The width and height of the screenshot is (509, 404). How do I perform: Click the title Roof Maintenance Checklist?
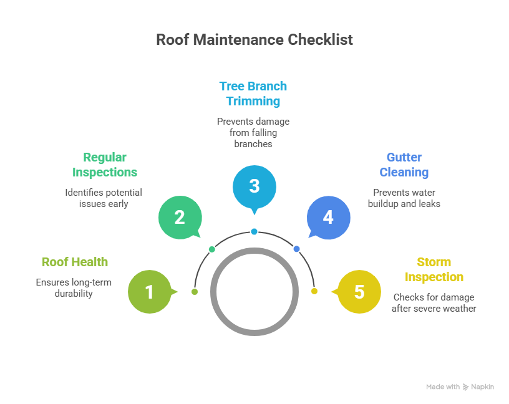coord(254,40)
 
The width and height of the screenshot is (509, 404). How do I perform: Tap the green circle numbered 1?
coord(149,291)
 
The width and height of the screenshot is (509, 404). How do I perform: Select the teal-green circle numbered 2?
coord(179,218)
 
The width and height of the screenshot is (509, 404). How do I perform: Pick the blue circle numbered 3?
coord(254,186)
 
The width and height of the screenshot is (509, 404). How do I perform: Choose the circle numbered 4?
coord(328,218)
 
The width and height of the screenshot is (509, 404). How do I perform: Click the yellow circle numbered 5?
coord(359,291)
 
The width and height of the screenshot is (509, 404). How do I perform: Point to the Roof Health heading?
coord(75,262)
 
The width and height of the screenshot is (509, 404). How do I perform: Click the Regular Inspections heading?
coord(105,165)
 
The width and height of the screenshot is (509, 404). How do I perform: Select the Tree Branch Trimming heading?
coord(253,94)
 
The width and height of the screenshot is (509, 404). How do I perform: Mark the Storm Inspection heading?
coord(434,269)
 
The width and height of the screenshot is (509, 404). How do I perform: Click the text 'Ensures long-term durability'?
coord(74,288)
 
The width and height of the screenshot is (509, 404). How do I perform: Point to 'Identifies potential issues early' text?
coord(104,198)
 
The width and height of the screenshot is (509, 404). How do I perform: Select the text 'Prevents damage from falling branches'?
coord(253,132)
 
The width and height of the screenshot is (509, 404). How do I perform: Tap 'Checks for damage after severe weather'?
coord(434,303)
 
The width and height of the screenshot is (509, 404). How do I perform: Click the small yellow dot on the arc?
coord(314,291)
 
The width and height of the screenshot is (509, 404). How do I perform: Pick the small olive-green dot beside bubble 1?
coord(195,292)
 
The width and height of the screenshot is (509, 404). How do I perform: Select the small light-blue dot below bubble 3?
coord(254,232)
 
